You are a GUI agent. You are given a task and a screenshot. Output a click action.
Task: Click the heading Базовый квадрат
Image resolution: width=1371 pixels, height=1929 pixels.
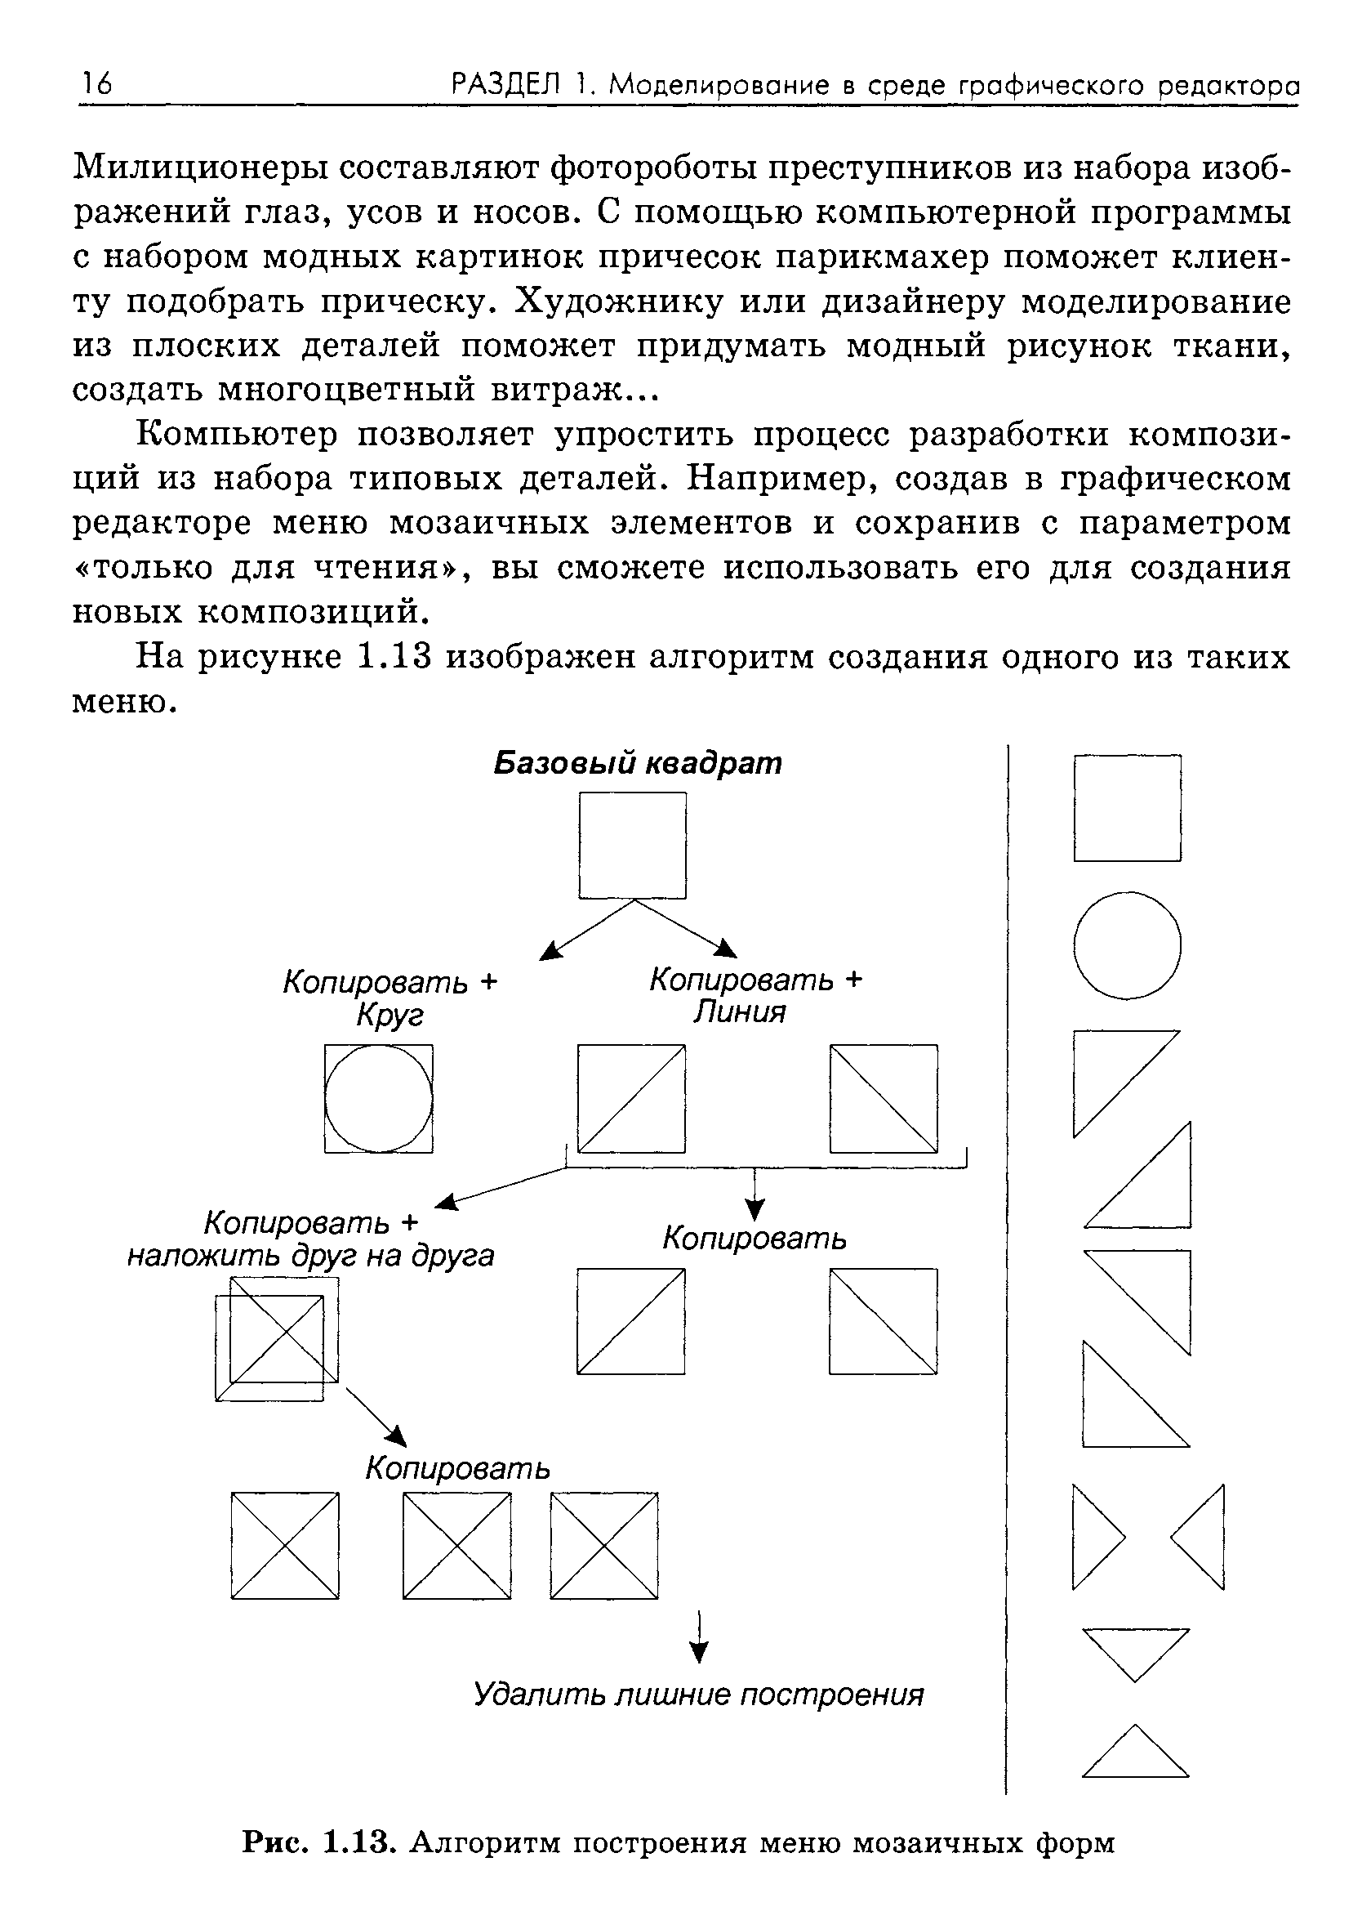pyautogui.click(x=638, y=763)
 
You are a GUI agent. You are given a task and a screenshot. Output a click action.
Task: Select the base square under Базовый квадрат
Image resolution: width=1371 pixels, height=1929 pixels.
pyautogui.click(x=632, y=846)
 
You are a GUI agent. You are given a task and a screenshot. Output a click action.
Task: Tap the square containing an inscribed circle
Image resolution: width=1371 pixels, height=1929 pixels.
pyautogui.click(x=379, y=1098)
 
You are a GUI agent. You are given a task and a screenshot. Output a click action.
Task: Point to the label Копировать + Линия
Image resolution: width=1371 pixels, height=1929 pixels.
pyautogui.click(x=755, y=995)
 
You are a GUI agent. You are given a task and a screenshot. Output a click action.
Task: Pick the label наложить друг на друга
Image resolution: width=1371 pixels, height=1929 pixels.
pyautogui.click(x=310, y=1256)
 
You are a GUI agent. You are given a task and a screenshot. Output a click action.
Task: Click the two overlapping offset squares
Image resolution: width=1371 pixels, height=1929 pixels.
pyautogui.click(x=277, y=1338)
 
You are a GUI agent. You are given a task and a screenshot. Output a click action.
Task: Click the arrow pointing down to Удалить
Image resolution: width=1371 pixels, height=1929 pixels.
pyautogui.click(x=698, y=1638)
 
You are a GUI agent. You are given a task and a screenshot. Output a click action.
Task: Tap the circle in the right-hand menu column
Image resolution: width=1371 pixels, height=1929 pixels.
pyautogui.click(x=1127, y=945)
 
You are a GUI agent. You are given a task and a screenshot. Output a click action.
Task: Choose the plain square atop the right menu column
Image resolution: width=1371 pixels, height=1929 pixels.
pyautogui.click(x=1127, y=808)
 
